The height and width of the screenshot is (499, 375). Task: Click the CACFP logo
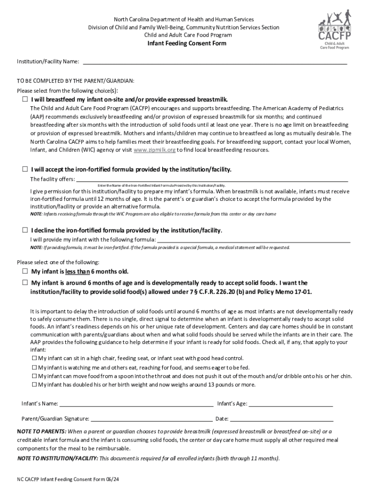point(335,31)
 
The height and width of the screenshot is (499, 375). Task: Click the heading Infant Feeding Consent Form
point(187,43)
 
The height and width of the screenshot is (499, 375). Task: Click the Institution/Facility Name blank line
point(214,61)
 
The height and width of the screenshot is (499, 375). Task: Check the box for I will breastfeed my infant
point(25,99)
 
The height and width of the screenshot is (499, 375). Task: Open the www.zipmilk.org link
point(154,150)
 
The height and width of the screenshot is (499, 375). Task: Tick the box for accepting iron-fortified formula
point(25,170)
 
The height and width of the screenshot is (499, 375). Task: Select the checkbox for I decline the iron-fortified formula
point(25,230)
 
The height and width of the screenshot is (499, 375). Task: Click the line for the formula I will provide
point(254,239)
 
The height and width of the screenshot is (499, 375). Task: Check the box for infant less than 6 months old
point(25,271)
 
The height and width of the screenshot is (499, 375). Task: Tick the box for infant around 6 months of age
point(25,283)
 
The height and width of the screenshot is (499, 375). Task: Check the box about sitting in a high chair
point(34,358)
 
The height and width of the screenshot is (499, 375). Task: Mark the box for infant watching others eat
point(34,367)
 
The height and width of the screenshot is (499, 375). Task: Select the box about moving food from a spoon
point(34,376)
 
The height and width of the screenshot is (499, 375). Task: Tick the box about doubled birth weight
point(34,384)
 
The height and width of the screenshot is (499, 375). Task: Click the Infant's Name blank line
point(136,403)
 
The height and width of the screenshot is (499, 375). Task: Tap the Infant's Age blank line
point(291,403)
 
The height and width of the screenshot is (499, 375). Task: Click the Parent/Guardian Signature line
point(151,418)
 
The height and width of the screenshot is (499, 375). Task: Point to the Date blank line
point(281,418)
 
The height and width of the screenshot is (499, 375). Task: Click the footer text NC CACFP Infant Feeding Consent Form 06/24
point(68,480)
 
